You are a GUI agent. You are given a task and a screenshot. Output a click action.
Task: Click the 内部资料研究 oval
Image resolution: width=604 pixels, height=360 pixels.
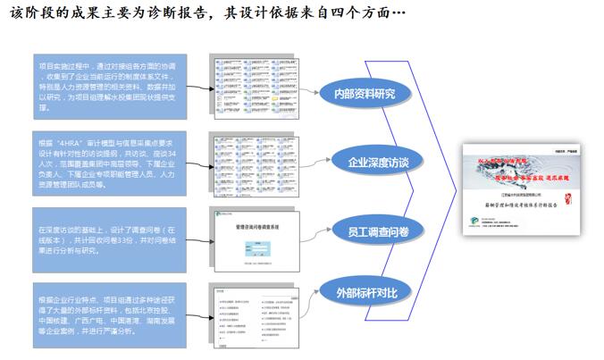[363, 93]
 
